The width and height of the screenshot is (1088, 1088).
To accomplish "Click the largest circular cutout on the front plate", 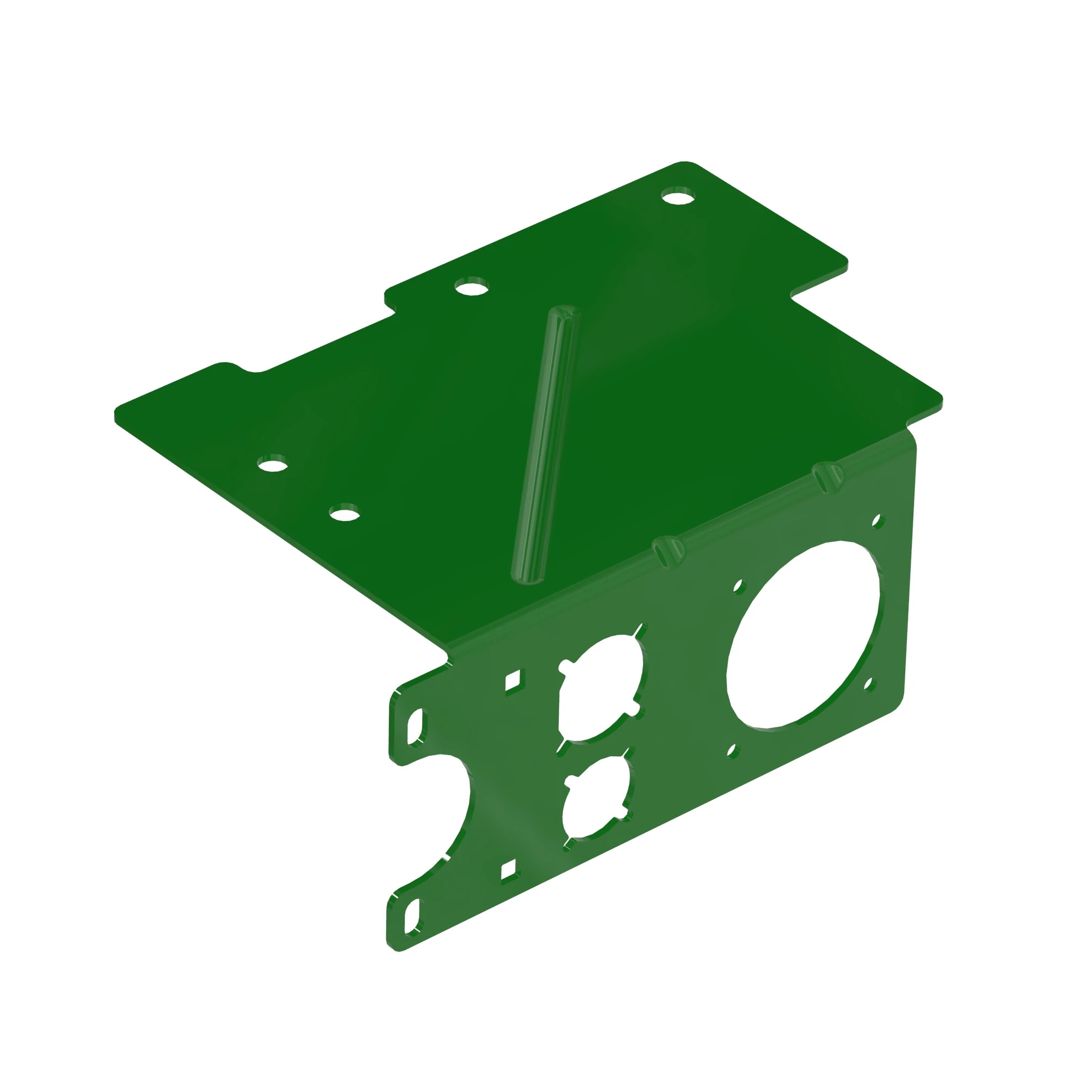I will [802, 635].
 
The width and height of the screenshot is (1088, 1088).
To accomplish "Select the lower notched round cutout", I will [597, 796].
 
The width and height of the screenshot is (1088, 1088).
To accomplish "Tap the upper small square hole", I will [514, 681].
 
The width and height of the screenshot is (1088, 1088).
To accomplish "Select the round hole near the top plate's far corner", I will [678, 197].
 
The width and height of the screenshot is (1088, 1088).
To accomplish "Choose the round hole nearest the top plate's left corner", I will [273, 466].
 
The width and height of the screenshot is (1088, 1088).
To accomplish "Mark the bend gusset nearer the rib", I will [668, 549].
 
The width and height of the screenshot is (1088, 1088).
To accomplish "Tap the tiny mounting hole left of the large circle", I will [738, 586].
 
